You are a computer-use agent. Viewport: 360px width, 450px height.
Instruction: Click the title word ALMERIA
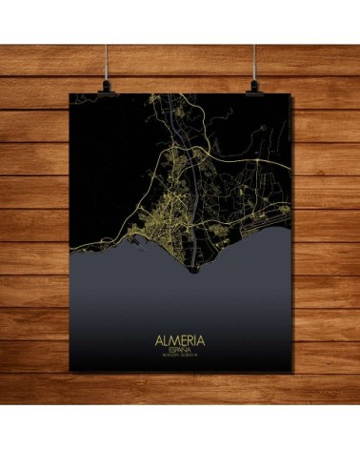tap(179, 341)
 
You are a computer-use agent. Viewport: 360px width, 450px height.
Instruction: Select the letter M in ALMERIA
tap(172, 341)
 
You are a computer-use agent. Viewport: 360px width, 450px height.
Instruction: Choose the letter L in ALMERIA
tap(164, 341)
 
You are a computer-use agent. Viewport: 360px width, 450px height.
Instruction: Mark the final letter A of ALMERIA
tap(202, 341)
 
